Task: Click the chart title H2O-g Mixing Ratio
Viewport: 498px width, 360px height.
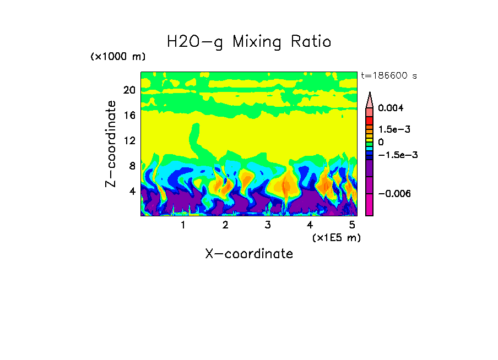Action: (249, 42)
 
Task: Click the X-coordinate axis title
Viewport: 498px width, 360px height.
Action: (249, 254)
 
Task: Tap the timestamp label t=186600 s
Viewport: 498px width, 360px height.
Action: (388, 76)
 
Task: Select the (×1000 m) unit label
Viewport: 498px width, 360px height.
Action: (117, 57)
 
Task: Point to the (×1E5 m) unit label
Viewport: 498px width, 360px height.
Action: (336, 238)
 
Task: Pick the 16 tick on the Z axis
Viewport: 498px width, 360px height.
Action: (129, 115)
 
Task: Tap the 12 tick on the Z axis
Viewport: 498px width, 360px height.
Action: (129, 140)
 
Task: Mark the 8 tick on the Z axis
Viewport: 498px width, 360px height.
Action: (132, 166)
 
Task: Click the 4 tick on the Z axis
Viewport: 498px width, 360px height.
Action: (132, 191)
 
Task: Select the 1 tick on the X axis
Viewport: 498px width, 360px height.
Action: (183, 225)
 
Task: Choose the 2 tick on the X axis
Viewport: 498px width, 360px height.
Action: (225, 225)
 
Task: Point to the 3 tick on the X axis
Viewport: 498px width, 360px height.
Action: (268, 225)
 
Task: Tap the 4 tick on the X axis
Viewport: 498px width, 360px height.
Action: (310, 225)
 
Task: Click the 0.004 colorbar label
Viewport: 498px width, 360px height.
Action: (391, 108)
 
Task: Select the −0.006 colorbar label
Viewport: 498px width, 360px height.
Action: (394, 194)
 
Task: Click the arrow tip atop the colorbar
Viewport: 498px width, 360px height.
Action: (370, 95)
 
